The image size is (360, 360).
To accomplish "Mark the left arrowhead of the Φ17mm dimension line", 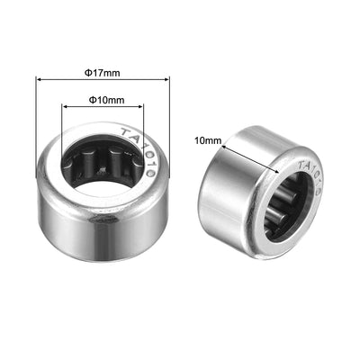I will tap(39, 81).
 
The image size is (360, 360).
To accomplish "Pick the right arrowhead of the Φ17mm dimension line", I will tap(167, 81).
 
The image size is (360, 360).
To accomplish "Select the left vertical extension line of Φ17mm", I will tap(36, 117).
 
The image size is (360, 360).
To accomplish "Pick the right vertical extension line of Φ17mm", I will tap(170, 117).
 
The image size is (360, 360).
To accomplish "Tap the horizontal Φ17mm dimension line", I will tap(135, 81).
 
